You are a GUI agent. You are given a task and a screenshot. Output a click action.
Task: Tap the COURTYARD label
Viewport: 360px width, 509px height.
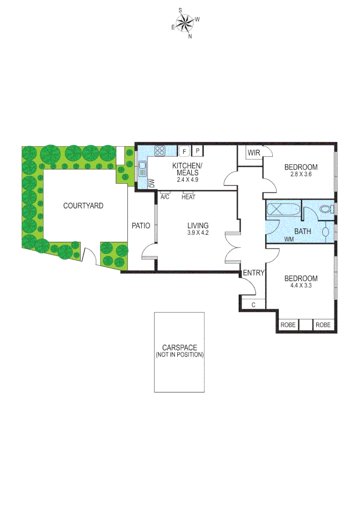pos(83,205)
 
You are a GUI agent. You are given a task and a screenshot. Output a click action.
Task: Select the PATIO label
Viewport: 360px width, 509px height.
pos(141,226)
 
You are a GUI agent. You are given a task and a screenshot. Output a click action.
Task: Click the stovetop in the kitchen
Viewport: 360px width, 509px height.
pos(160,151)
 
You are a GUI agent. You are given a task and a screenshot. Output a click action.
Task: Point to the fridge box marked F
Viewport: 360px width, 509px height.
pos(184,151)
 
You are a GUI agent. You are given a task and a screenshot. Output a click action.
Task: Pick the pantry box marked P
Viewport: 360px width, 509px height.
pos(198,151)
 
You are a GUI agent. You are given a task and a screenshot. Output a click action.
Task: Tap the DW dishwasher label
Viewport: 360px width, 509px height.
pos(152,183)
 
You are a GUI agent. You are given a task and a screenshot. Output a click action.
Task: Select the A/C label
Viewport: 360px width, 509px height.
pos(165,197)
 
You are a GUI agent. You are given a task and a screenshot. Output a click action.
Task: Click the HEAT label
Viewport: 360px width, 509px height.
pos(188,197)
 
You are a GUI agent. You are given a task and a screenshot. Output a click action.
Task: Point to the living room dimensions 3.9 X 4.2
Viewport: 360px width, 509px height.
pos(197,233)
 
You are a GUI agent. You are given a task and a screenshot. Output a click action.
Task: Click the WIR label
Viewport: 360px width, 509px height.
pos(254,153)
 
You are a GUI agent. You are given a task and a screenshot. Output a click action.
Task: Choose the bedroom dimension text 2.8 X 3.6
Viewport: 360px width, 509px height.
pos(301,174)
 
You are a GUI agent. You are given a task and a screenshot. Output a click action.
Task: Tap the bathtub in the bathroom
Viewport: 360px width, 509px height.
pos(283,209)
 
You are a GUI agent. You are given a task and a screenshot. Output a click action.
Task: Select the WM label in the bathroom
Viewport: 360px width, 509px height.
pos(289,239)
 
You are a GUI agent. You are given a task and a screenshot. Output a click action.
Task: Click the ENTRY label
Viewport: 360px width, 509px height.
pos(254,273)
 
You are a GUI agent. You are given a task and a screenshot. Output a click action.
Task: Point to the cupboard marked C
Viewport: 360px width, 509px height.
pos(254,304)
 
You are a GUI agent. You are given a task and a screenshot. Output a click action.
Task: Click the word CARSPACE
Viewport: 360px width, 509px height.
pos(180,348)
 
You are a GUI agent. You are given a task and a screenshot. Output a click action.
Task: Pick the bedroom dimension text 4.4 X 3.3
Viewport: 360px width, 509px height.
pos(301,285)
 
